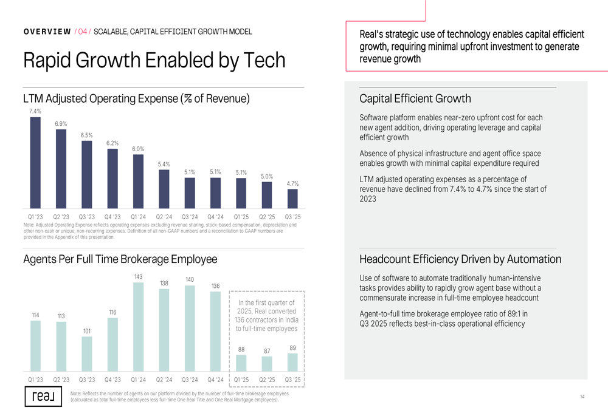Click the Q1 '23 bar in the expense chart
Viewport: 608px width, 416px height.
click(x=35, y=163)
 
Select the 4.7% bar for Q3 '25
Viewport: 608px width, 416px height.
click(x=292, y=199)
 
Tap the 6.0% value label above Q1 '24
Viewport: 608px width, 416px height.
click(x=138, y=149)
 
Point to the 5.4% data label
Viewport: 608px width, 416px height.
click(x=164, y=164)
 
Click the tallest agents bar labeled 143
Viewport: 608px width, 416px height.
click(x=138, y=327)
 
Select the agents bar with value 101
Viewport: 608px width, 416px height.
click(x=87, y=354)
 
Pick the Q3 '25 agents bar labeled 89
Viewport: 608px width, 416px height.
click(x=292, y=362)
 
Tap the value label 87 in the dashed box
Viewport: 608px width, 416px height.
click(x=267, y=351)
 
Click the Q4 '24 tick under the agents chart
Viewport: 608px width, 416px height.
click(x=215, y=380)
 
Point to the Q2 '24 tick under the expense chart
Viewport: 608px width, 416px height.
click(x=164, y=217)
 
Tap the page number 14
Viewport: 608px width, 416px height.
click(x=582, y=397)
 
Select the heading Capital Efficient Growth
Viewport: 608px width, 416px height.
click(x=415, y=98)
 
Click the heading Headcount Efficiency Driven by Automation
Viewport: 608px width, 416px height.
click(x=460, y=259)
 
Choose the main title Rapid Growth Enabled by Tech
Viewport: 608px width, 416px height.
click(x=154, y=60)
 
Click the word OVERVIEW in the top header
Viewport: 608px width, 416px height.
click(x=47, y=32)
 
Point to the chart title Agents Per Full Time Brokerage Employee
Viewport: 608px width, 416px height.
click(x=120, y=259)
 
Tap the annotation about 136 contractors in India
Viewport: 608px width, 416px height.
click(x=266, y=316)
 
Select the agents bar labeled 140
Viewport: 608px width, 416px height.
click(x=190, y=328)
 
